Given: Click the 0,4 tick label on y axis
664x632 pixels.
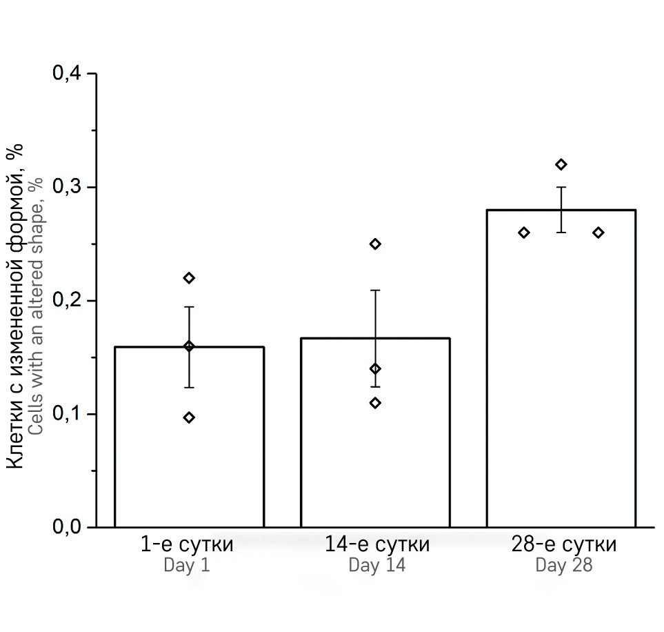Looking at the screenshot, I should pos(66,74).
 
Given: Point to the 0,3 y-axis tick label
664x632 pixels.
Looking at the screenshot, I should pos(66,187).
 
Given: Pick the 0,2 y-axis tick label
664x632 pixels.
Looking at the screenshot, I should pos(66,301).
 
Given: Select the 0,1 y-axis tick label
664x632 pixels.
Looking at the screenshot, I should pos(66,414).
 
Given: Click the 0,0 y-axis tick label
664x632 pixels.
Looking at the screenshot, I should pos(66,528).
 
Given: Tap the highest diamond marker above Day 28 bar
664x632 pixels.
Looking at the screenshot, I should pos(561,164).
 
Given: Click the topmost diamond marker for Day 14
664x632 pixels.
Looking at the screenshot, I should pos(375,244).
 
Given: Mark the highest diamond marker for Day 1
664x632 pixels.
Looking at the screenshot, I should pos(189,278).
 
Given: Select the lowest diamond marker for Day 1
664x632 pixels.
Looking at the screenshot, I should pos(189,417).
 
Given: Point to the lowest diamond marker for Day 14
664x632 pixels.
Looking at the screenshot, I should pos(375,403).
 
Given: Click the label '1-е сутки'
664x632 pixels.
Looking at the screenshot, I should pos(187,544).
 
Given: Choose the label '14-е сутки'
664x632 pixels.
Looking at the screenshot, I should pos(377,544).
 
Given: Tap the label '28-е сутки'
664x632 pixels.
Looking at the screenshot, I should pos(564,544).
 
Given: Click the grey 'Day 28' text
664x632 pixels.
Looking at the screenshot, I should pos(564,566).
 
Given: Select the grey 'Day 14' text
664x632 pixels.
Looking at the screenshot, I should pos(377,566).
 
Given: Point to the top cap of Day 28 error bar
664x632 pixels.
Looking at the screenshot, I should pos(561,187).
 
